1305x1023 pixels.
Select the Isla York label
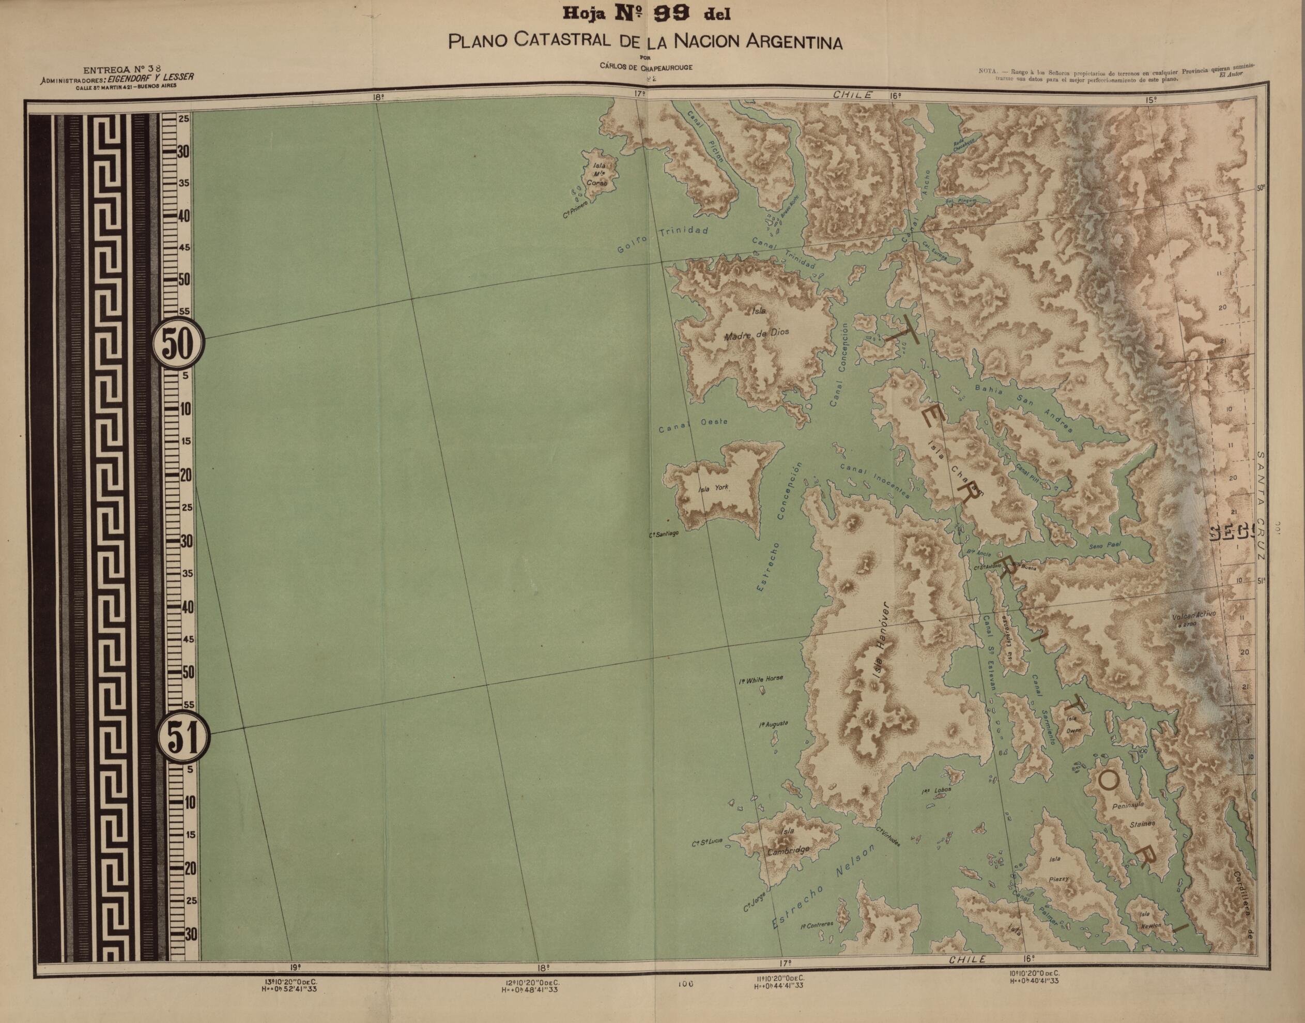click(714, 487)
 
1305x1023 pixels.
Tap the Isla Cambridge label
click(788, 841)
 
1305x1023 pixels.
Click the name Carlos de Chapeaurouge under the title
click(646, 67)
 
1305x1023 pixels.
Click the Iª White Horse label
click(761, 679)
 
